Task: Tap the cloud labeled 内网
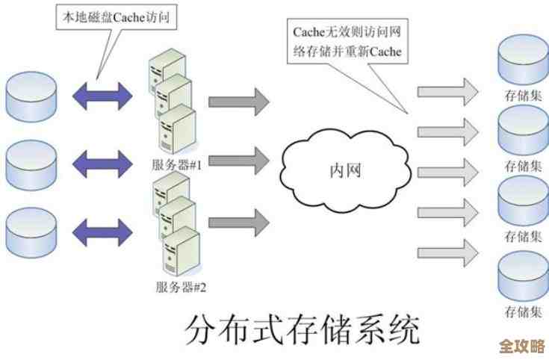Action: (x=345, y=170)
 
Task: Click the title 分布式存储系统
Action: (x=302, y=329)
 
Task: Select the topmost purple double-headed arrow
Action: (x=102, y=95)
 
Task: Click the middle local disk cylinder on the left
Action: (x=31, y=163)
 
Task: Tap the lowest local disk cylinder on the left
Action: (x=31, y=231)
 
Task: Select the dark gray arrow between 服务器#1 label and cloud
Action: (x=238, y=158)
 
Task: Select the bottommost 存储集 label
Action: (x=523, y=309)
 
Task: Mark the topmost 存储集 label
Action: (x=523, y=96)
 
